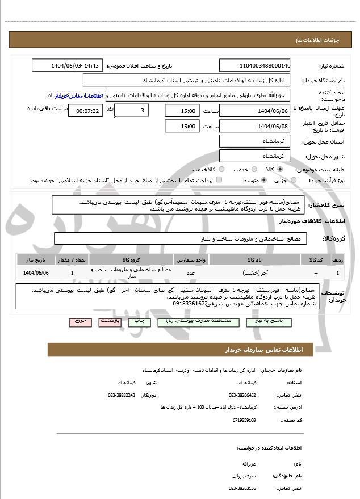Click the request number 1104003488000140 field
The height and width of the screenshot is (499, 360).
[254, 65]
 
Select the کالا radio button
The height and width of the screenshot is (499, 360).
[279, 169]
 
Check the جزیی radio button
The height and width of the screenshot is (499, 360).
[293, 180]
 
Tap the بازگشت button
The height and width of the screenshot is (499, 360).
[110, 321]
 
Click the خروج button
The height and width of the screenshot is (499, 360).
[80, 321]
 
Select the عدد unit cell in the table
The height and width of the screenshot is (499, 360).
[191, 273]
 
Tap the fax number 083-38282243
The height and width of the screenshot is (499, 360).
[122, 395]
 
